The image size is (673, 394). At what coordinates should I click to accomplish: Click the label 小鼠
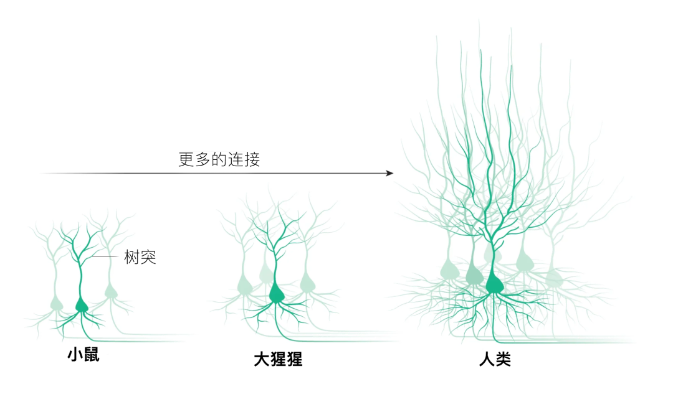point(84,355)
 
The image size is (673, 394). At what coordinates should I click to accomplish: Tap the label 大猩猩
point(278,359)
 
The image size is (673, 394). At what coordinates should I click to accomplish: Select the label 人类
point(495,359)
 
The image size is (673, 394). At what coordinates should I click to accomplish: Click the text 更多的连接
point(219,159)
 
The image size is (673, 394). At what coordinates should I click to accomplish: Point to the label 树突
point(140,257)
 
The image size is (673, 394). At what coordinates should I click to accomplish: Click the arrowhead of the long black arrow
point(389,173)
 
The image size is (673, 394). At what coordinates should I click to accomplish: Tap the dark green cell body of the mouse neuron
point(82,306)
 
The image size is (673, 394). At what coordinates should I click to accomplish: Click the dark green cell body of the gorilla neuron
point(277,294)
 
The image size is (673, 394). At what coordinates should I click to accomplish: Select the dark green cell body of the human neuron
point(494,283)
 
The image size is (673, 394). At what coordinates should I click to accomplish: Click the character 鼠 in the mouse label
point(92,355)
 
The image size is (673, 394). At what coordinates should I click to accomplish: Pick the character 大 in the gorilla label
point(261,359)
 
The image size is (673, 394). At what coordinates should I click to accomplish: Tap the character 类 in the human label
point(503,359)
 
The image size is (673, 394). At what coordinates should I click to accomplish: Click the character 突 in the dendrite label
point(148,257)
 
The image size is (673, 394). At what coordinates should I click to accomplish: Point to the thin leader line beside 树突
point(105,256)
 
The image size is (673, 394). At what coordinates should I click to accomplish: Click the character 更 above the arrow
point(187,159)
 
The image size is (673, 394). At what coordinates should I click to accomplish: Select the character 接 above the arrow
point(252,159)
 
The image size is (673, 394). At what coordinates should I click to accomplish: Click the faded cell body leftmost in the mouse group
point(57,304)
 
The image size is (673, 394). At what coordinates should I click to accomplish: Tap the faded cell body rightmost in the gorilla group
point(307,284)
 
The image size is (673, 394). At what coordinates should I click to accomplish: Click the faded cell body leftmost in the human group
point(450,270)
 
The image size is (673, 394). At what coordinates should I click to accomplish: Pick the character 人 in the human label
point(487,359)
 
